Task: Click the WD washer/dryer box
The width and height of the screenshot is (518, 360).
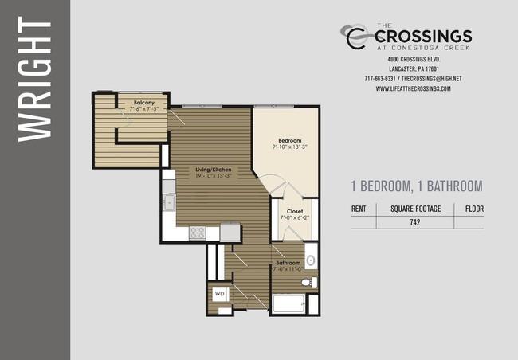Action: pos(220,294)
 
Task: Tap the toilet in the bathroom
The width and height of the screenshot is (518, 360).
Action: pos(309,283)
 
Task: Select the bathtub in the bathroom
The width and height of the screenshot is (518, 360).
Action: pos(288,303)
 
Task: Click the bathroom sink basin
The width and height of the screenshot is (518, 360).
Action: pos(311,260)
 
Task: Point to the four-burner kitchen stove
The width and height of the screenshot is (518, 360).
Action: pos(198,233)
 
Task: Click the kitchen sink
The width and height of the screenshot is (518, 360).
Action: pos(170,202)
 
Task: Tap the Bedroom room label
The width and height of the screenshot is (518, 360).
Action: pos(290,140)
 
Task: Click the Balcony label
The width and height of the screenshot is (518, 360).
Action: pos(144,103)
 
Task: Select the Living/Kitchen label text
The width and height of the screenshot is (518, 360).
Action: pos(213,170)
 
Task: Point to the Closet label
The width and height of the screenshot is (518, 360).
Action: pos(295,211)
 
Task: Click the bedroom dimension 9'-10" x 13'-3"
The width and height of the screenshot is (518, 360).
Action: pos(290,147)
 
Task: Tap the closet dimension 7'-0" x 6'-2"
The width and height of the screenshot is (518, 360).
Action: pos(295,218)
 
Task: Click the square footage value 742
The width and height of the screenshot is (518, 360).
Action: pos(415,222)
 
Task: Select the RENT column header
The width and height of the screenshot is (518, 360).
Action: pos(359,209)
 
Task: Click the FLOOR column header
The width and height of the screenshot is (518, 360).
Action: pos(474,209)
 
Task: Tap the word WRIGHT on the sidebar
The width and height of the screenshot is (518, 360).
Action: pos(35,80)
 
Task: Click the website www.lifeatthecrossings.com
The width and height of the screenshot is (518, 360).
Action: pos(414,88)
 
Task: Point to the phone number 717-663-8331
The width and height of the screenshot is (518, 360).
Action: pos(380,79)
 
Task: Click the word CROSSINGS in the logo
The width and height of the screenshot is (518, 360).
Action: pos(423,37)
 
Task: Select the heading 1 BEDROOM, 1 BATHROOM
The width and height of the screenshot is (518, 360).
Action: pos(417,186)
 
